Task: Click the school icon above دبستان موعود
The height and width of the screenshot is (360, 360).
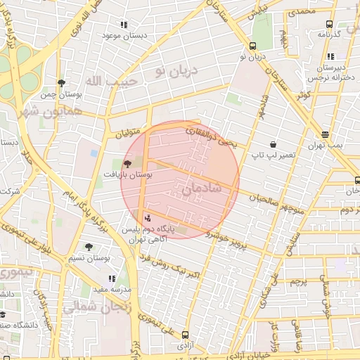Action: pyautogui.click(x=124, y=24)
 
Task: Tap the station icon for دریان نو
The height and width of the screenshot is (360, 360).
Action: pyautogui.click(x=252, y=46)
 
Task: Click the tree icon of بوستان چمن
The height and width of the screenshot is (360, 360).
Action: pyautogui.click(x=62, y=82)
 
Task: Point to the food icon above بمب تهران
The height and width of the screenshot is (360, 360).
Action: pyautogui.click(x=324, y=134)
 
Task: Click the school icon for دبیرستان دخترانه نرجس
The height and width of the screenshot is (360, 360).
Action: pyautogui.click(x=331, y=56)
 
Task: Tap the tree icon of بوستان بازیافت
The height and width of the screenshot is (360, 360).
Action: pyautogui.click(x=127, y=163)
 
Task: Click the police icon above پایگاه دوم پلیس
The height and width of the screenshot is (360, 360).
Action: pyautogui.click(x=147, y=217)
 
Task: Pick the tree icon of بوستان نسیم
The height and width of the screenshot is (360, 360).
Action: pyautogui.click(x=89, y=246)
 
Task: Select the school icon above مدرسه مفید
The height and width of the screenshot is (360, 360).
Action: pyautogui.click(x=112, y=278)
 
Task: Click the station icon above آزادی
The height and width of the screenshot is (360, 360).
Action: pyautogui.click(x=185, y=335)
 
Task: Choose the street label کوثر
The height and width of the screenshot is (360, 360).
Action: pyautogui.click(x=303, y=95)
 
